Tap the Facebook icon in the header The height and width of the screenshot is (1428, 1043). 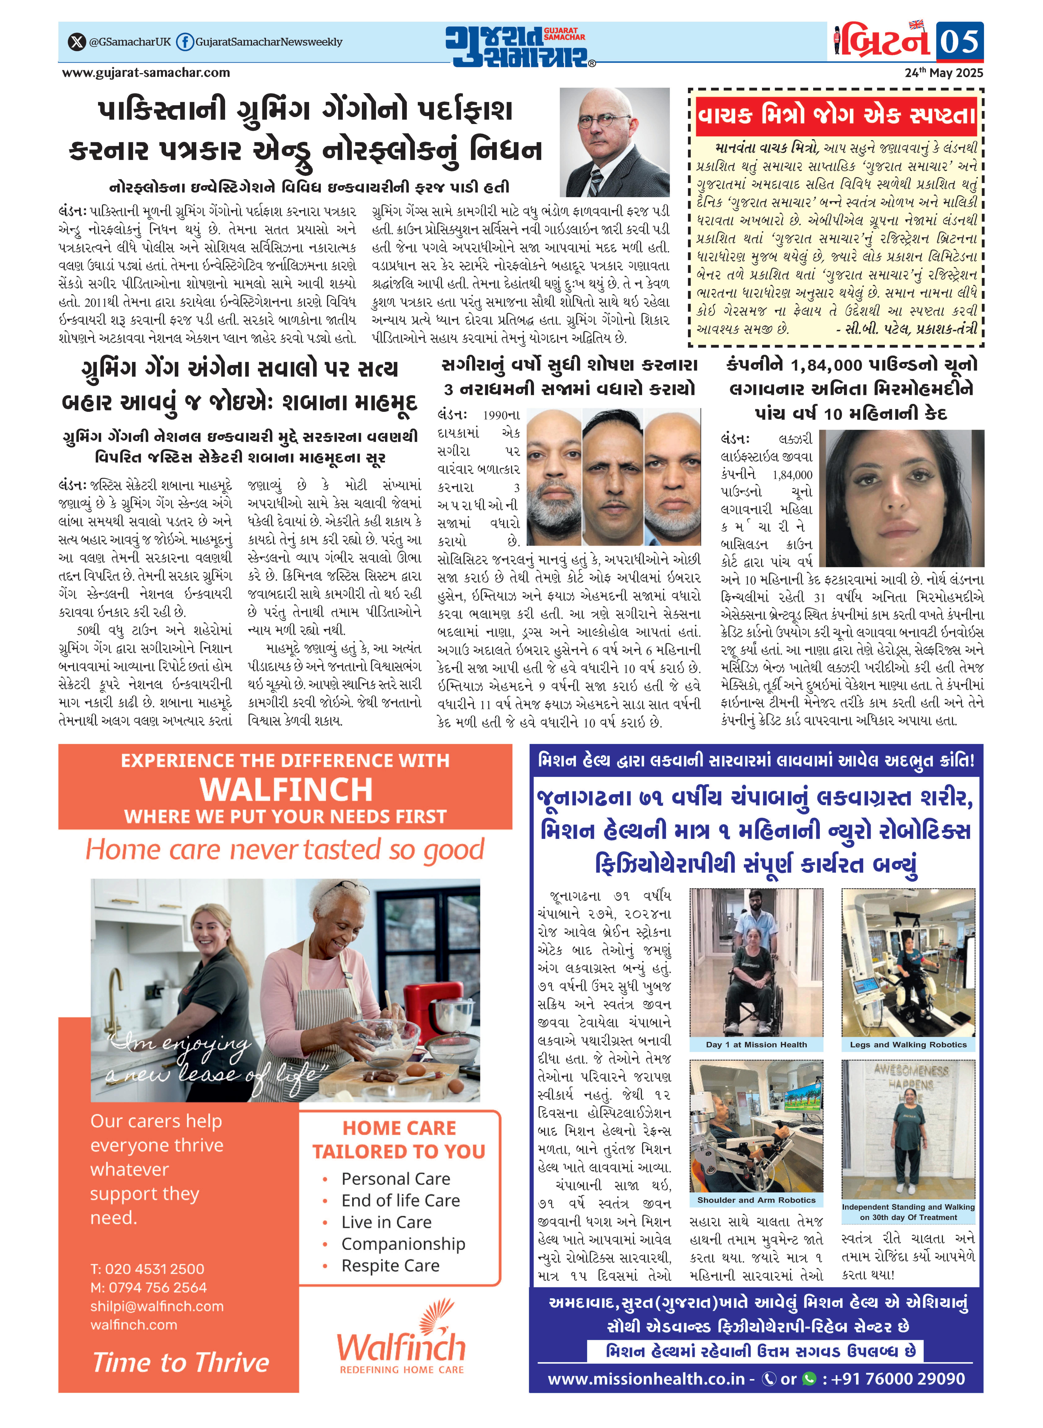coord(184,42)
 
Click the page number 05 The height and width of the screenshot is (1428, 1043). coord(959,42)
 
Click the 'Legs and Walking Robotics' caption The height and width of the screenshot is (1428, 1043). coord(908,1045)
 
